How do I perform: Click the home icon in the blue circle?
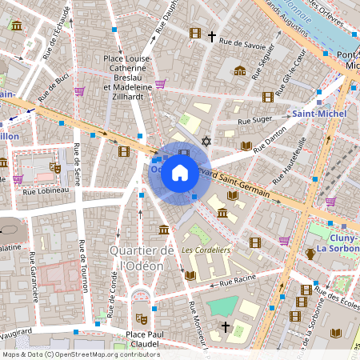(x=180, y=172)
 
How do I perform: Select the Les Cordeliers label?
(x=206, y=250)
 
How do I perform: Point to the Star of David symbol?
(x=206, y=141)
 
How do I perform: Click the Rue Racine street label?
(x=237, y=281)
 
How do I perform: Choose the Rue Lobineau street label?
(x=47, y=190)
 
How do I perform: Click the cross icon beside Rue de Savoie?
(x=212, y=36)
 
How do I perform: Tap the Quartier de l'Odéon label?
(x=142, y=258)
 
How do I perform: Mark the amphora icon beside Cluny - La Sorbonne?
(x=310, y=254)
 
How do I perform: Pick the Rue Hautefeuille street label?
(x=292, y=156)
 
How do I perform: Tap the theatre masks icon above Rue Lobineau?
(x=54, y=168)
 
